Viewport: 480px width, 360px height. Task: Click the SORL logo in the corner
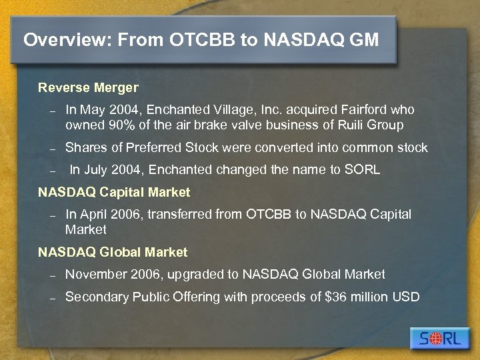coord(440,338)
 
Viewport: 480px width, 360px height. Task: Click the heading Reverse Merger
coord(88,87)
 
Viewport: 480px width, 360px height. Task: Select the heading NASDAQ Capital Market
coord(114,192)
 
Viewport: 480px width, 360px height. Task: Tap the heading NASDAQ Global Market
coord(113,252)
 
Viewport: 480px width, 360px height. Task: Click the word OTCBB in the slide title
coord(203,40)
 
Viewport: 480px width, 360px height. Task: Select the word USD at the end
coord(406,297)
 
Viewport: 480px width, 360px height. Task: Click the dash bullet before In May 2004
coord(51,111)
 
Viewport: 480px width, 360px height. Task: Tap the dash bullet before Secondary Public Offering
coord(51,298)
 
